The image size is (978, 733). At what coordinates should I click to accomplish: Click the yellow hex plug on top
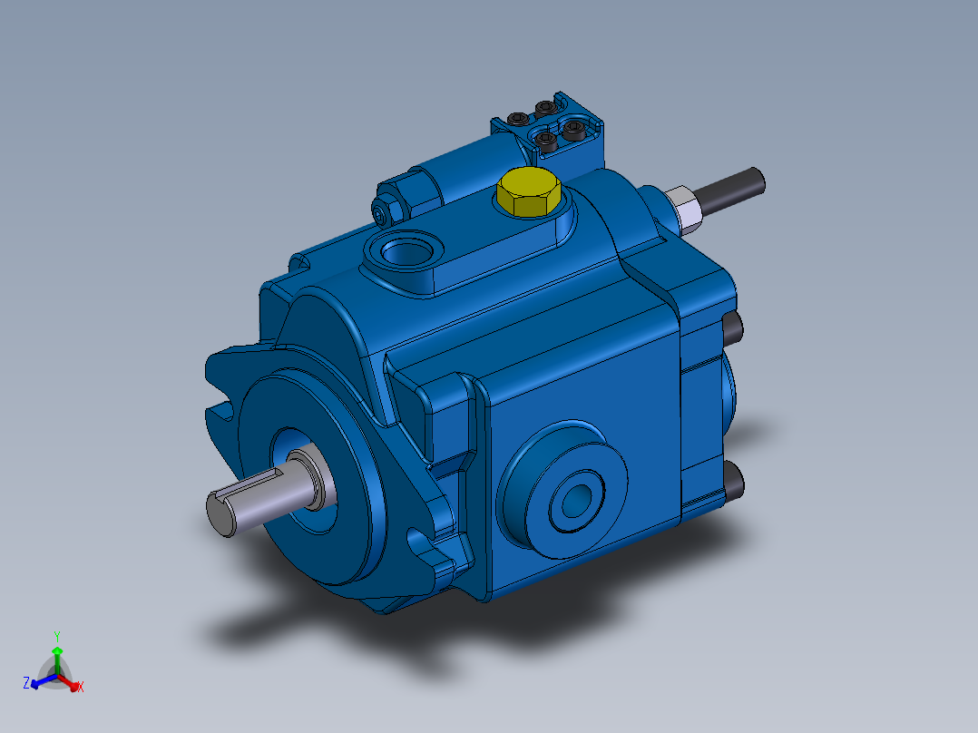[528, 190]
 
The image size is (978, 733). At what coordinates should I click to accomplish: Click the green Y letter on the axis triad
[56, 635]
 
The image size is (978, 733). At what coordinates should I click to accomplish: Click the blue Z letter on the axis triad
[26, 680]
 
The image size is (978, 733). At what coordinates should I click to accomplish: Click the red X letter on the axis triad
[81, 688]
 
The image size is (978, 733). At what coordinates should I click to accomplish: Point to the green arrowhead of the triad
[57, 650]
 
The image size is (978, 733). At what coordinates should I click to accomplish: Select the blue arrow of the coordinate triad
[40, 683]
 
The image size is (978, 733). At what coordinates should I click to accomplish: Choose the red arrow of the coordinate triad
[72, 682]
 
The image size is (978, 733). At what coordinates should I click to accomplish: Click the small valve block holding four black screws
[548, 128]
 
